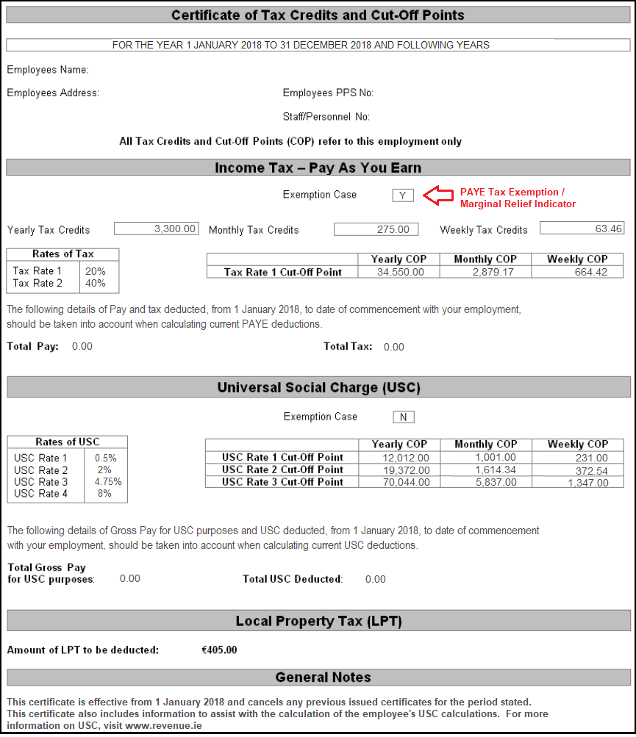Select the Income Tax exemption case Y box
[x=403, y=195]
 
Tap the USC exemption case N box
[x=403, y=417]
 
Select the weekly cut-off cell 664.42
[x=590, y=273]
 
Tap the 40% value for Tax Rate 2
[x=96, y=283]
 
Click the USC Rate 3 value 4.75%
[x=108, y=482]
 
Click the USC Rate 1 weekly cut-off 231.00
[x=593, y=458]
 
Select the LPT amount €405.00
[x=219, y=650]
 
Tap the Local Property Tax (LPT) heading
[x=318, y=622]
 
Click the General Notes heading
[x=323, y=677]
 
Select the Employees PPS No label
[x=328, y=93]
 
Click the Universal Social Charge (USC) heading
[x=318, y=387]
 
